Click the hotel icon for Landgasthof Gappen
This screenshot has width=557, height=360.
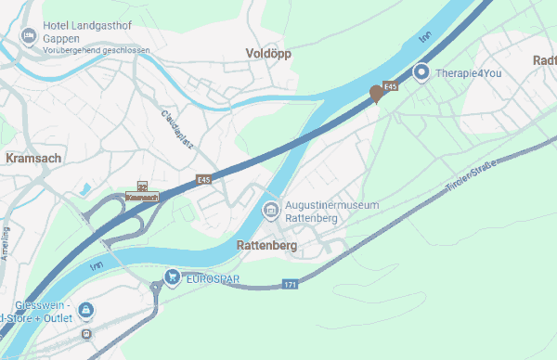tap(29, 35)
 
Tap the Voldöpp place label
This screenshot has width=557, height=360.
tap(268, 54)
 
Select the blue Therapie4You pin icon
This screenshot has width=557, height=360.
tap(421, 71)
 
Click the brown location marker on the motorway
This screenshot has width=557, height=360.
tap(377, 94)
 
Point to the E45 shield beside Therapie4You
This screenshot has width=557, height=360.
tap(390, 86)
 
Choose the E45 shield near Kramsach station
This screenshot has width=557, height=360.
tap(204, 178)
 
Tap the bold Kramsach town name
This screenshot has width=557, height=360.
tap(33, 159)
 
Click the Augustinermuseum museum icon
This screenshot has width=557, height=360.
tap(271, 209)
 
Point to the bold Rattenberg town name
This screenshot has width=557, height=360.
tap(266, 246)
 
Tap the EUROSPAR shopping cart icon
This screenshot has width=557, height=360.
tap(172, 276)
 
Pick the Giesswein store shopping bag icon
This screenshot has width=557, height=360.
tap(85, 309)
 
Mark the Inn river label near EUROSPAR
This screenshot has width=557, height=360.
tap(97, 266)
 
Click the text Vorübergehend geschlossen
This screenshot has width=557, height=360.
tap(90, 50)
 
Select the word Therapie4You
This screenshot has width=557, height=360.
tap(469, 71)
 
